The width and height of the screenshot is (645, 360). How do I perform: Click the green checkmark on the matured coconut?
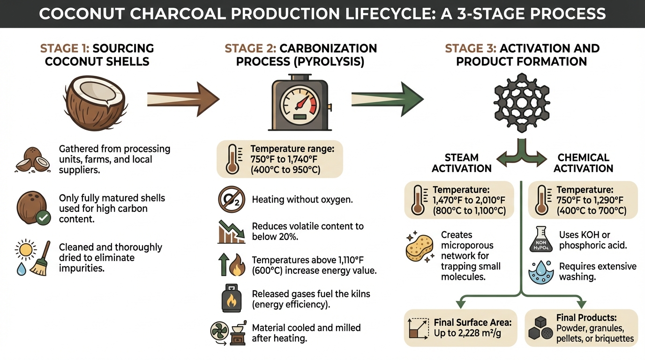click(x=44, y=217)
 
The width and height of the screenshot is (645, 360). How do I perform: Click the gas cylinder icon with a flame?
click(x=232, y=298)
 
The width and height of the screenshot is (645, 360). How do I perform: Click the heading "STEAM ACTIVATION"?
click(x=461, y=163)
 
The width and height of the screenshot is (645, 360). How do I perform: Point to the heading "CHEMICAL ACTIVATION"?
click(x=583, y=163)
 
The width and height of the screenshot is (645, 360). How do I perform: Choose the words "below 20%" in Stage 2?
click(x=275, y=237)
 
